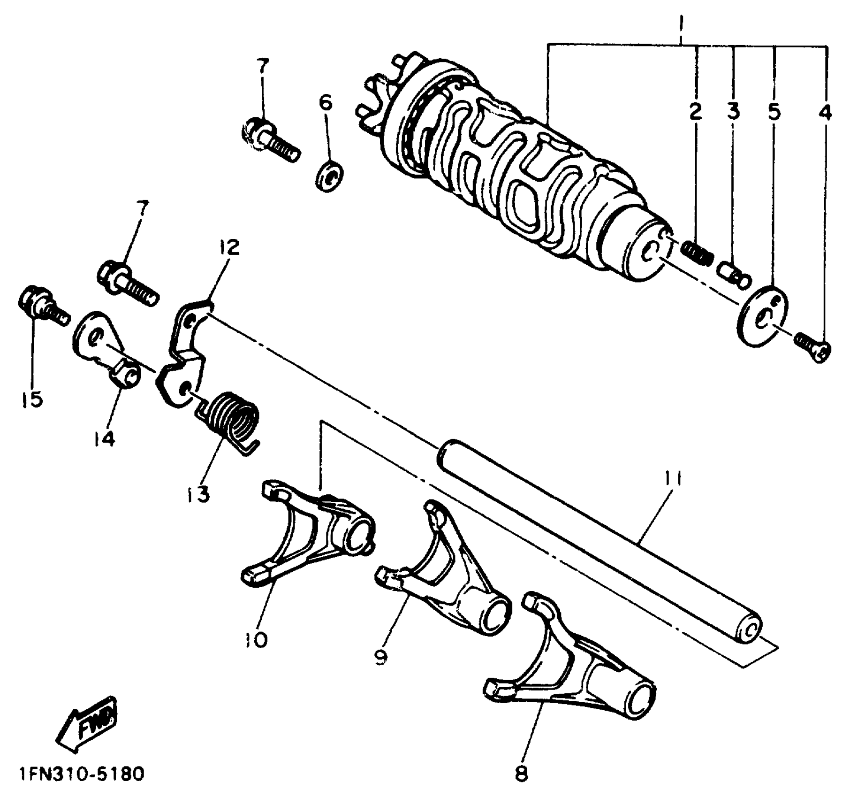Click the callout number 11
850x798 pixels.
pyautogui.click(x=673, y=480)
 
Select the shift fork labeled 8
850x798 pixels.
pyautogui.click(x=572, y=676)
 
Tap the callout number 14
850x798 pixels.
pyautogui.click(x=104, y=439)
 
